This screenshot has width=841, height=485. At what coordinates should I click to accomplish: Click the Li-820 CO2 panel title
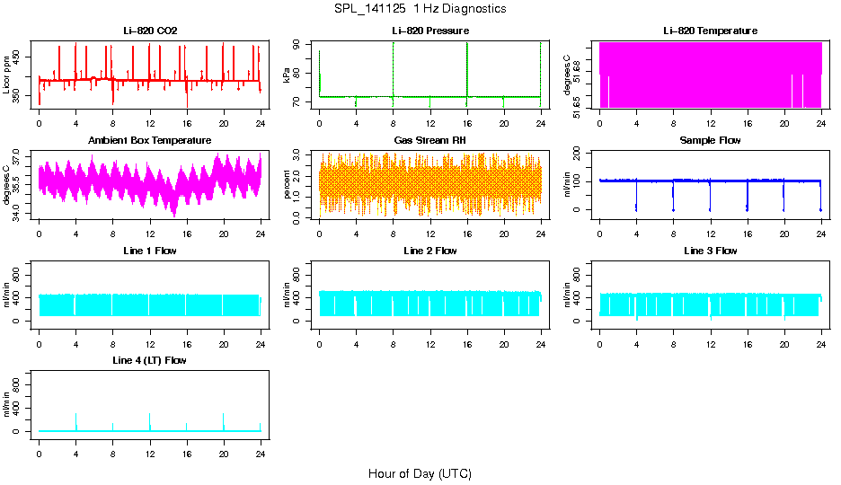[150, 31]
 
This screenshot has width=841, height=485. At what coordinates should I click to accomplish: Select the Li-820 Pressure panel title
[429, 31]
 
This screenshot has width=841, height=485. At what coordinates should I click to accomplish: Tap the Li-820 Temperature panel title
[710, 31]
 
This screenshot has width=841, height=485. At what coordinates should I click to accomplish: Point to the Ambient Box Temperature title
[150, 141]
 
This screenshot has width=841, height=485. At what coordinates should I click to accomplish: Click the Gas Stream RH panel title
[429, 141]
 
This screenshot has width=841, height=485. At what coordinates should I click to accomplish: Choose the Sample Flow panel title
[710, 141]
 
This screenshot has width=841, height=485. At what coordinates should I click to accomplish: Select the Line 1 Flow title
[150, 251]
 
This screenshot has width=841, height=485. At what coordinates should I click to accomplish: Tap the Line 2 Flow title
[429, 251]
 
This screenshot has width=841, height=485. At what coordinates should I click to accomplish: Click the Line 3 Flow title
[710, 251]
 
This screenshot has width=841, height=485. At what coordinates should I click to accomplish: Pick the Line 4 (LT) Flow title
[150, 360]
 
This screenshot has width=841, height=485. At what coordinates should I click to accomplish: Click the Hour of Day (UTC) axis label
[420, 473]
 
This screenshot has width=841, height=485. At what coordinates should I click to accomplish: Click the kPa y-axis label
[288, 75]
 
